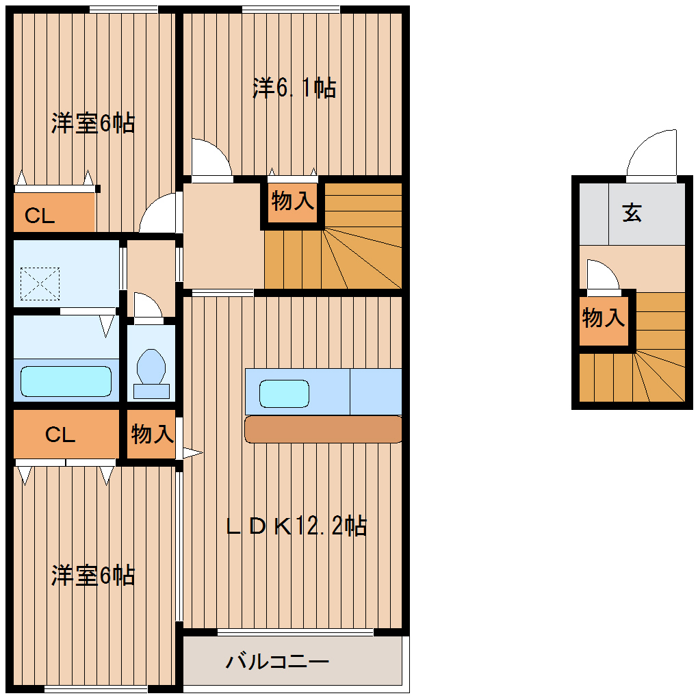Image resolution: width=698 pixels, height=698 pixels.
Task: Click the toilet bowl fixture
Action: [x=151, y=370]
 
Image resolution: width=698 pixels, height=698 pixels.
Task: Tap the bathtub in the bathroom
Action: [x=66, y=380]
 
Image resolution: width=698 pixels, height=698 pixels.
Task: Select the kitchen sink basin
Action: [x=284, y=394]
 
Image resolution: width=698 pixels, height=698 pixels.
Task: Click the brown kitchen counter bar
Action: [x=323, y=429]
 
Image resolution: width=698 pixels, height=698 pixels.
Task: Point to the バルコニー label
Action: [x=279, y=662]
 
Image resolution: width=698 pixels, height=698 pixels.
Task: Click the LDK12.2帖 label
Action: [x=297, y=526]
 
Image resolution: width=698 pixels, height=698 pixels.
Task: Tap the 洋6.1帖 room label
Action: [x=294, y=88]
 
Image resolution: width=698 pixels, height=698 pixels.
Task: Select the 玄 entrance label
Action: [x=632, y=214]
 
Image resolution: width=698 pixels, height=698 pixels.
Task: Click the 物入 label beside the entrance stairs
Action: [x=603, y=318]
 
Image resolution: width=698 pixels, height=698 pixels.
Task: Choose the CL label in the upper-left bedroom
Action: [x=40, y=216]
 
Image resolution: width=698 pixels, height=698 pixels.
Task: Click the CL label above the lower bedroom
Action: [x=60, y=435]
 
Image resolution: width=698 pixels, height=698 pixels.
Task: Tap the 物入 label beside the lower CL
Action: [x=152, y=434]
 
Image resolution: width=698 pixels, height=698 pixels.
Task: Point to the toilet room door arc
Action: [x=146, y=306]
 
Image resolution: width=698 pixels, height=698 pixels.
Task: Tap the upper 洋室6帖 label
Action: [x=93, y=124]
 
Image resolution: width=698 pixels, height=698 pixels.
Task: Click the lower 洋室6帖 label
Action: [x=93, y=576]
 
